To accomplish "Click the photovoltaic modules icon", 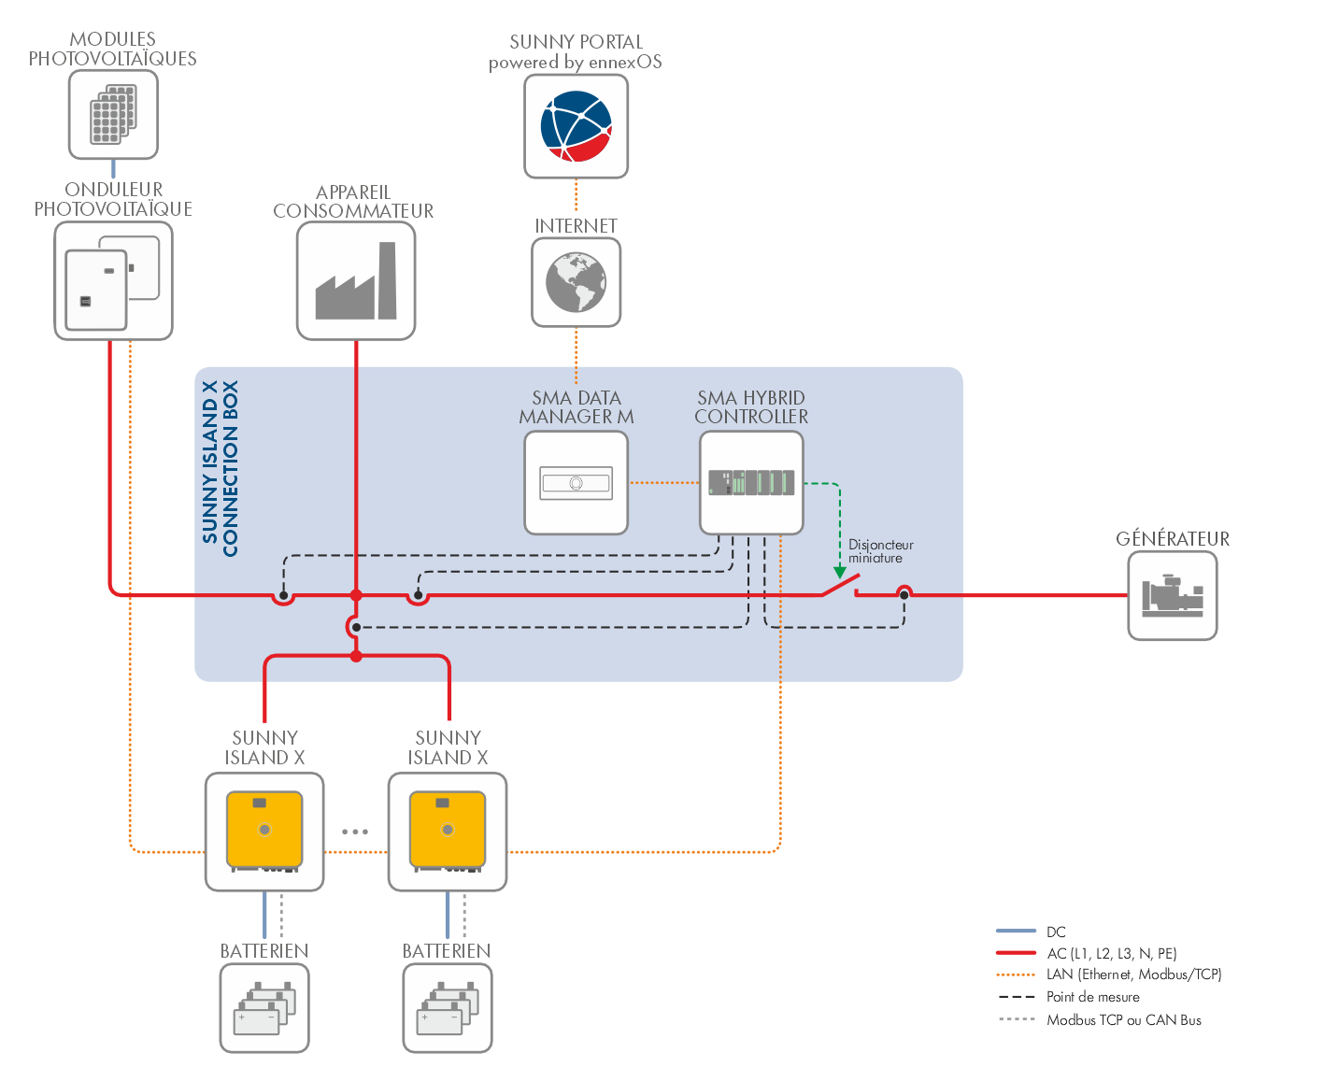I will click(113, 115).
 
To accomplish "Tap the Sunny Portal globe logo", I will click(577, 126).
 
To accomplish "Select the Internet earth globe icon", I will click(577, 282).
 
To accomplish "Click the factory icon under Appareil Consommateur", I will click(356, 281).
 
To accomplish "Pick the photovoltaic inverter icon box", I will click(114, 280).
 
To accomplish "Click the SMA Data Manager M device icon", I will click(577, 483).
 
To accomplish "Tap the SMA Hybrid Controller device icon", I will click(751, 483).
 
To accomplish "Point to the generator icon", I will click(1173, 596).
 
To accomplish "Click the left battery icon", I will click(264, 1009).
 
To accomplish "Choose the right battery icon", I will click(448, 1009).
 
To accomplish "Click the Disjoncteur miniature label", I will click(880, 551).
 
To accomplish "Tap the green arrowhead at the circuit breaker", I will click(840, 572).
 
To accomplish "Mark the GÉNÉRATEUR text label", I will click(1173, 539).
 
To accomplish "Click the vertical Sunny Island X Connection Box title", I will click(221, 468).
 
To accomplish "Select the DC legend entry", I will click(1056, 932).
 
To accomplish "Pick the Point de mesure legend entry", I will click(1092, 997).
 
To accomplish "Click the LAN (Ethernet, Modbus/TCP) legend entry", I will click(1133, 975).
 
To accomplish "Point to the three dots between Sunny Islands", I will click(355, 832).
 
